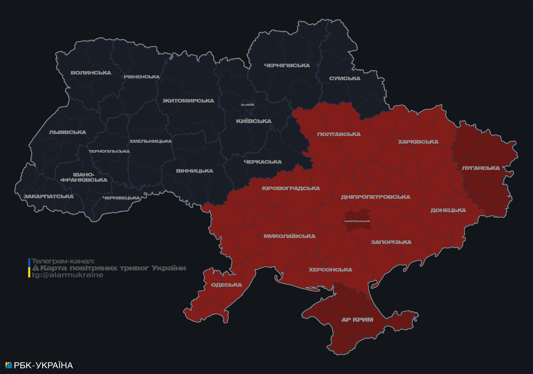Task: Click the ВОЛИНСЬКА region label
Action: [x=91, y=73]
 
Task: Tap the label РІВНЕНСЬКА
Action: [x=142, y=77]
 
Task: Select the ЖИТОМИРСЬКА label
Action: [x=188, y=101]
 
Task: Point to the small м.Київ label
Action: [x=247, y=105]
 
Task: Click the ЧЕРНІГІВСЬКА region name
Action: [x=287, y=65]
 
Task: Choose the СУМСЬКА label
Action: [x=345, y=78]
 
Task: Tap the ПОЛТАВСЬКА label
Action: [x=339, y=134]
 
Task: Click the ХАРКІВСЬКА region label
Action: [x=418, y=142]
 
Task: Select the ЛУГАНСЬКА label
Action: [x=481, y=168]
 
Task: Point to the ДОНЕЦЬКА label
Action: [x=448, y=210]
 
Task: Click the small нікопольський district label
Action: [x=357, y=221]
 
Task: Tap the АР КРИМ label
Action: [x=357, y=320]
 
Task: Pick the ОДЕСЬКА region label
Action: [x=226, y=285]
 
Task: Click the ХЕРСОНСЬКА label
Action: [x=330, y=270]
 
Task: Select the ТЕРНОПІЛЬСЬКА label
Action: [x=109, y=151]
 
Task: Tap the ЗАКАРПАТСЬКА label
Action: [x=48, y=196]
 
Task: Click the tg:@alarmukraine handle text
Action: [x=67, y=275]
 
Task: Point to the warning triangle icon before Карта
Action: [x=36, y=268]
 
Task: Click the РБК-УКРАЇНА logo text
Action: [x=43, y=365]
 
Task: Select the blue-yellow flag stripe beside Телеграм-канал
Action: [x=29, y=268]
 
